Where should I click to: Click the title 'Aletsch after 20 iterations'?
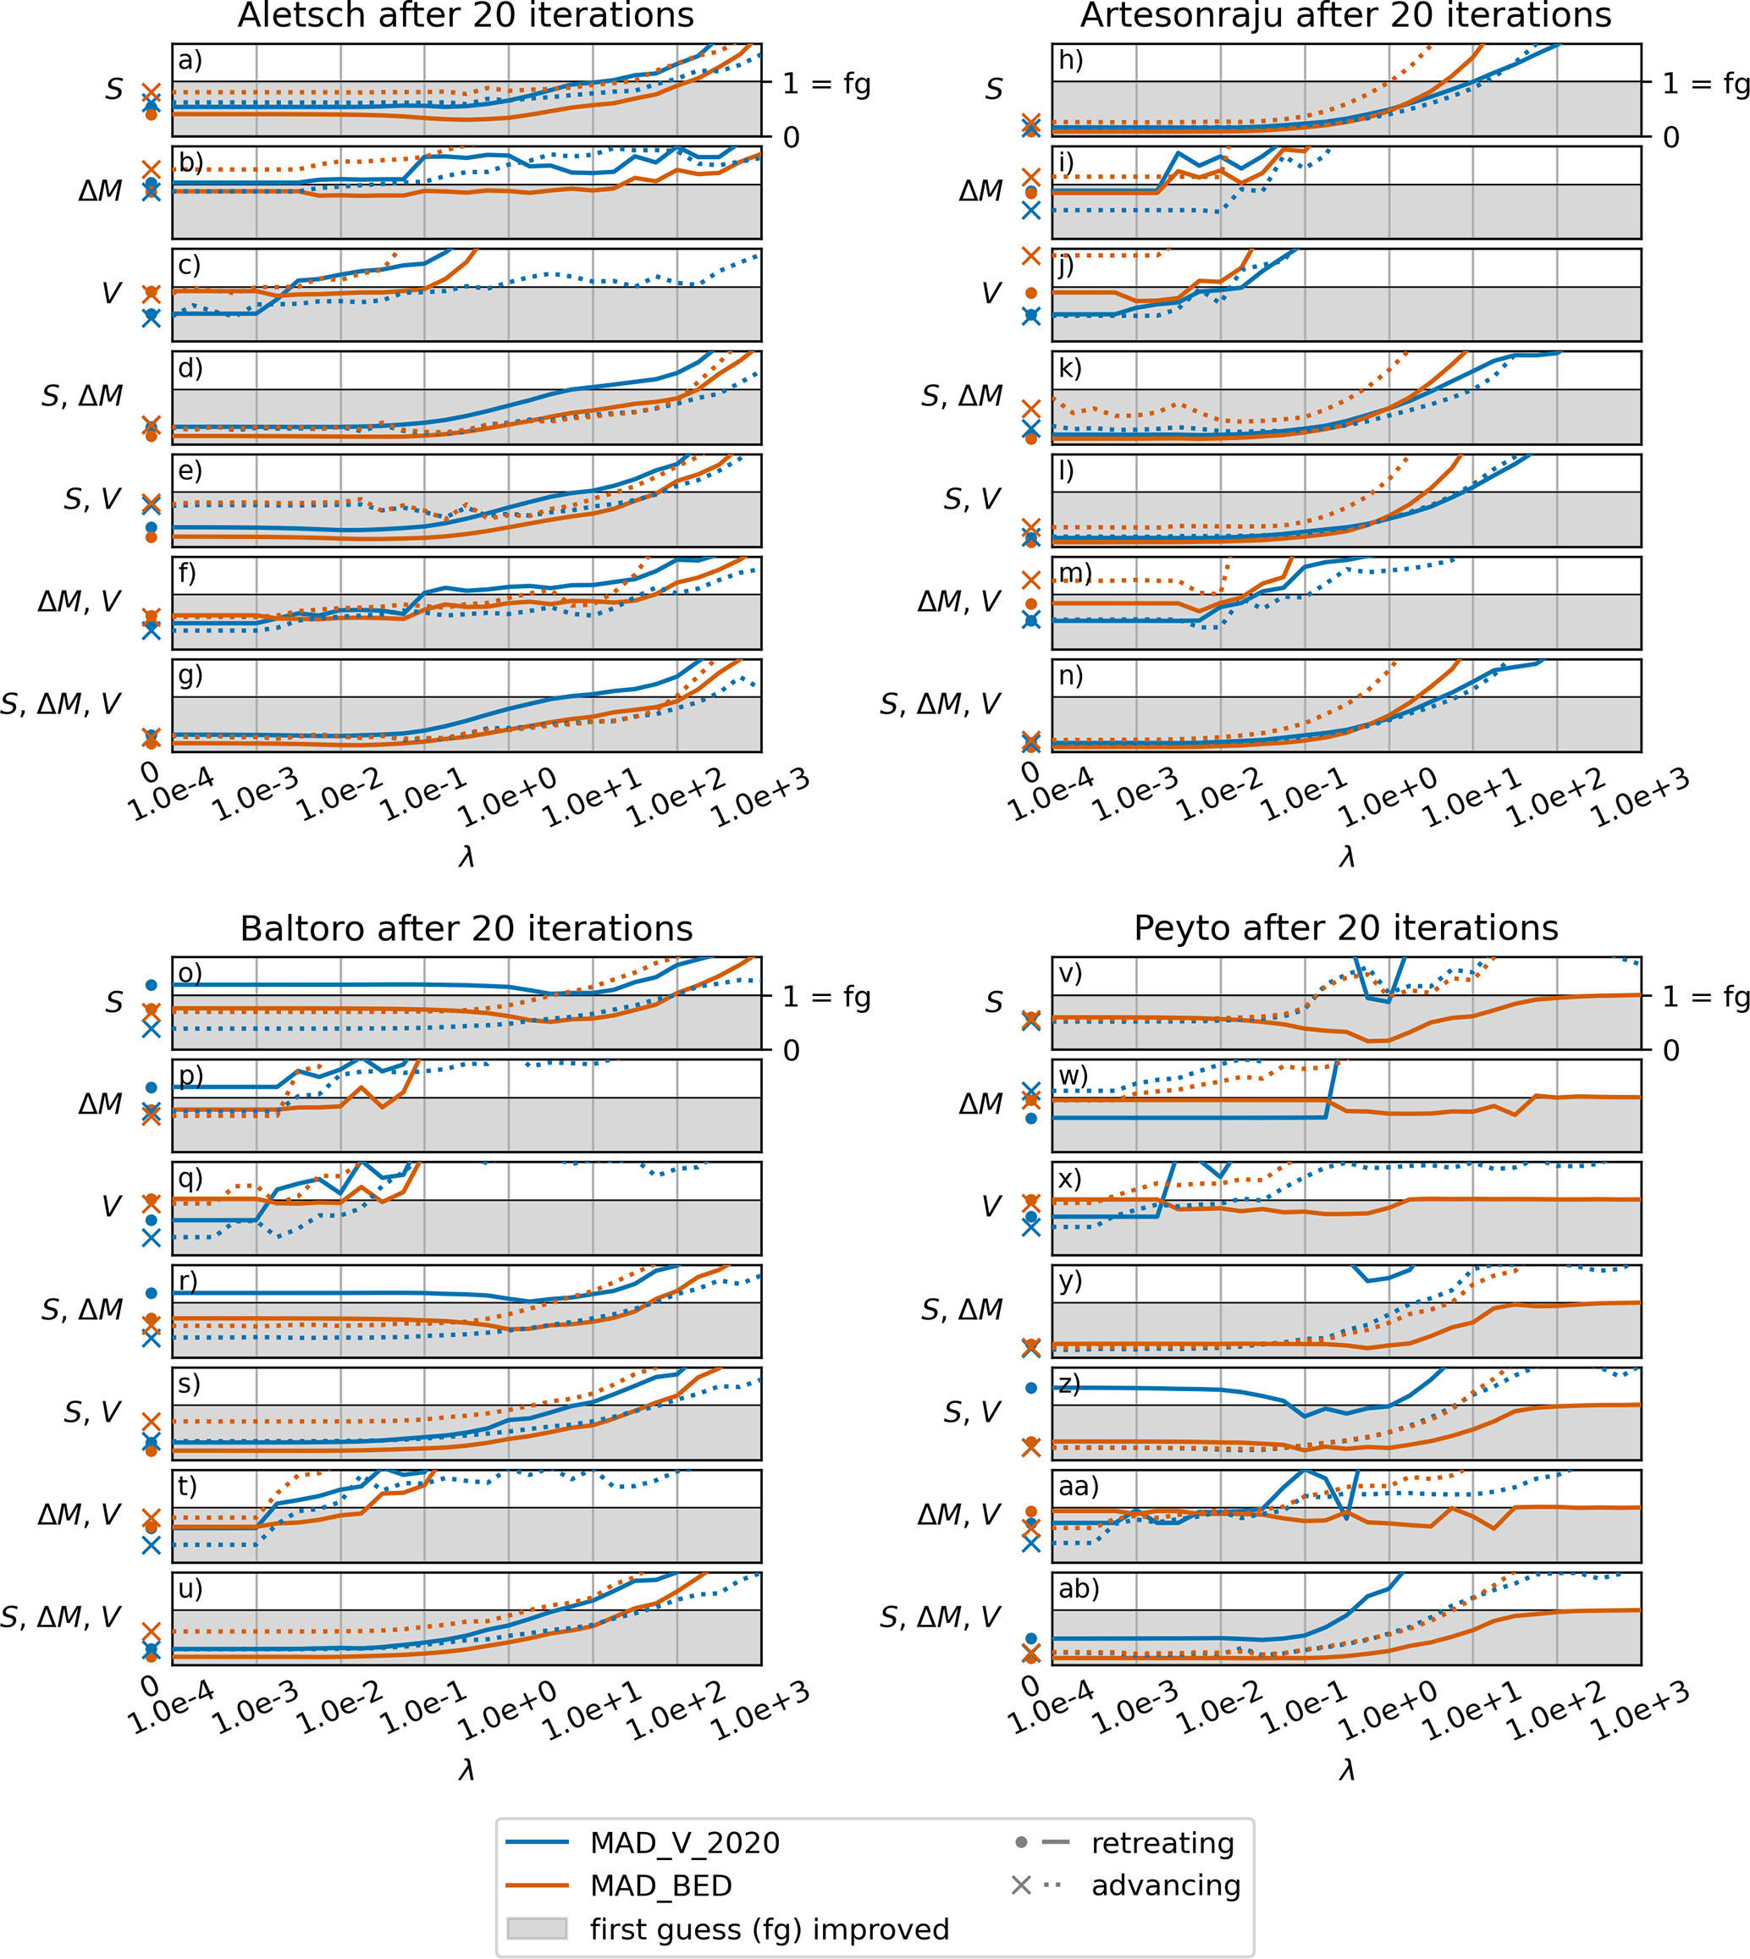466,15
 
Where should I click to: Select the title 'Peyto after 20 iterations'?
1345,928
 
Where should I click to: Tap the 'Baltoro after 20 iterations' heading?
466,928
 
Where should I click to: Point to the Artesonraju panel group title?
1345,15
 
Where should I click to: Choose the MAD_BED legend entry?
660,1885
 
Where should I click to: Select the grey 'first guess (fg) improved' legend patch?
537,1929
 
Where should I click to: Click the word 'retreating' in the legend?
1162,1841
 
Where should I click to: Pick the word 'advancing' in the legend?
1165,1885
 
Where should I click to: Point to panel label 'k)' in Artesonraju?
1070,368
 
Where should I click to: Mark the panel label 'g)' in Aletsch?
190,674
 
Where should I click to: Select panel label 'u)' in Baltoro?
190,1588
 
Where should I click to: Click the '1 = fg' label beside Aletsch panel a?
826,85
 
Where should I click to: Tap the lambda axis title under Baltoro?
466,1769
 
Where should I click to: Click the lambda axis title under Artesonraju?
1346,856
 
